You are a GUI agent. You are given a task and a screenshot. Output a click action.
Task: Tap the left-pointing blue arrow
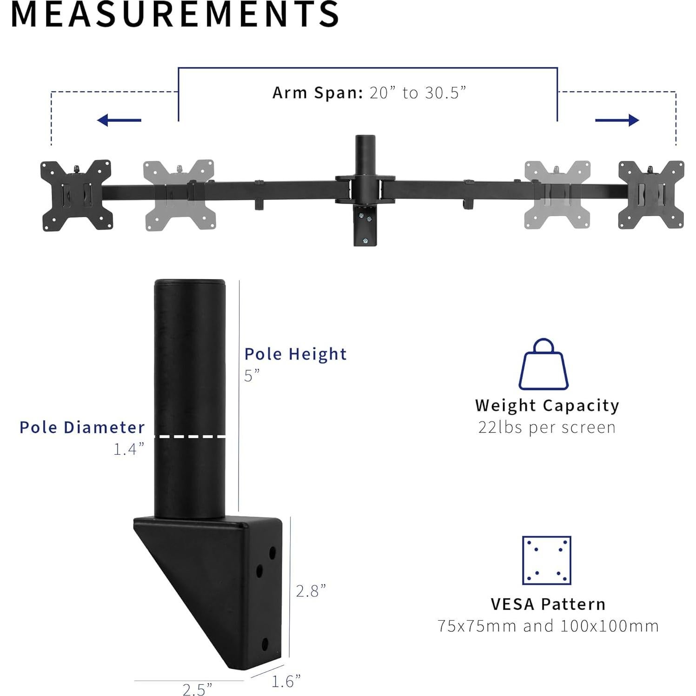[x=119, y=120]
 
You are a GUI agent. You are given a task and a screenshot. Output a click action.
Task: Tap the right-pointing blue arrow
[x=617, y=120]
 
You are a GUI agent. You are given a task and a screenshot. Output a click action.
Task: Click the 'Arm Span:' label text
[x=318, y=93]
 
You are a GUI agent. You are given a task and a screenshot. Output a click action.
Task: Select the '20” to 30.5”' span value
[x=418, y=93]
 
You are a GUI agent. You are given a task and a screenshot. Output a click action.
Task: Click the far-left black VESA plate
[x=77, y=195]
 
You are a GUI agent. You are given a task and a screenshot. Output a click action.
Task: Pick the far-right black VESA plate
[x=651, y=195]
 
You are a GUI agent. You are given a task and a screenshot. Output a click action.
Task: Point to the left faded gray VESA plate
[x=179, y=195]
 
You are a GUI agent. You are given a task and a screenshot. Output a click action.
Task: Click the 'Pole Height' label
[x=296, y=354]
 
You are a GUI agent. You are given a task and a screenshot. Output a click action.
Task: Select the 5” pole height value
[x=252, y=375]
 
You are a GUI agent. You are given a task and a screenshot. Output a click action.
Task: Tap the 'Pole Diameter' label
[x=82, y=427]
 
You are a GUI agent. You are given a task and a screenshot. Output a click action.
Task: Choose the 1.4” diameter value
[x=129, y=449]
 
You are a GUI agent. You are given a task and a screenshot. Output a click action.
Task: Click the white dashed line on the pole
[x=190, y=437]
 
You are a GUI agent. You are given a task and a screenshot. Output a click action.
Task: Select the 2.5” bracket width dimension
[x=197, y=689]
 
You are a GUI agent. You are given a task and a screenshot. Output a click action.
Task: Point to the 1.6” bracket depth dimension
[x=286, y=681]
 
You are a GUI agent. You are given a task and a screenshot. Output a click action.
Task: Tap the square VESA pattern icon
[x=546, y=560]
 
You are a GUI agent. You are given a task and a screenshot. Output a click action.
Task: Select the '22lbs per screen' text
[x=547, y=427]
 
